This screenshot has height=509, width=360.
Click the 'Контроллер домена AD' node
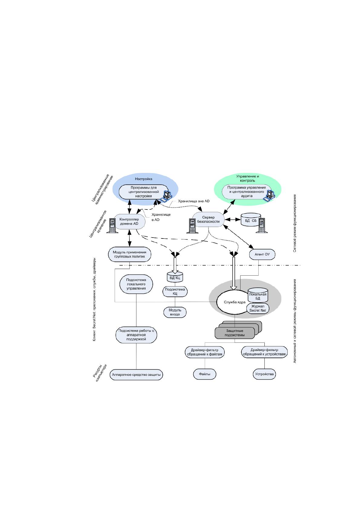[x=129, y=222]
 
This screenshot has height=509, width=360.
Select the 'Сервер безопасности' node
[x=208, y=219]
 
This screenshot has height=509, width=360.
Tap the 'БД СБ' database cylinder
[x=251, y=220]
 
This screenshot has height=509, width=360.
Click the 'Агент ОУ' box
[x=262, y=254]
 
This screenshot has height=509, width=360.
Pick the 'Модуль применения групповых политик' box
[x=129, y=254]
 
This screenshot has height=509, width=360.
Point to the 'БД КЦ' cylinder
[x=175, y=277]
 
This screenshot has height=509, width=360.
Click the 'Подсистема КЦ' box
[x=175, y=291]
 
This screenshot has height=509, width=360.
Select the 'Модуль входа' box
[x=175, y=312]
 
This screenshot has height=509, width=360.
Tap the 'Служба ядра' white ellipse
[x=232, y=302]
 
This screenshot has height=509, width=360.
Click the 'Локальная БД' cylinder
[x=258, y=295]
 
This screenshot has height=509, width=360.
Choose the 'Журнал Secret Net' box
[x=258, y=308]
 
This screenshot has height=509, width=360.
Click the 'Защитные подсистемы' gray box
[x=234, y=333]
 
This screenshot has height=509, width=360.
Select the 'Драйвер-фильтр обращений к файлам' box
[x=205, y=352]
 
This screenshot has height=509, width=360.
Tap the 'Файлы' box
[x=205, y=374]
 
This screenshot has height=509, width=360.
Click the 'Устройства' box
[x=264, y=374]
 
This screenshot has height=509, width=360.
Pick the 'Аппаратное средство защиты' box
[x=136, y=374]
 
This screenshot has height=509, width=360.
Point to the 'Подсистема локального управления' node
[x=136, y=284]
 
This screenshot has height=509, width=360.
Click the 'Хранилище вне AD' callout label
[x=194, y=201]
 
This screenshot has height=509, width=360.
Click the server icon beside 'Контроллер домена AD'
[x=112, y=226]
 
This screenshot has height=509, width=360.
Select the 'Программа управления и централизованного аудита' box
[x=247, y=192]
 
